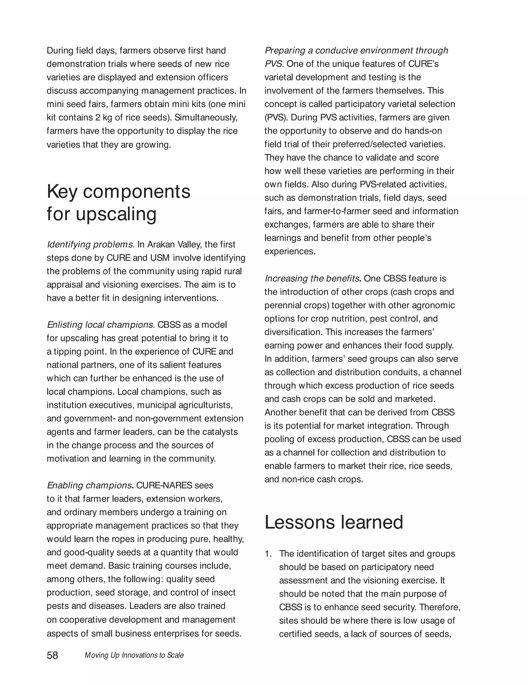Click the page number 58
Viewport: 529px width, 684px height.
52,655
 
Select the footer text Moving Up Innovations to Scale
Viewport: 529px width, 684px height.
134,655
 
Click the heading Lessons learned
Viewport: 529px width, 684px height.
333,522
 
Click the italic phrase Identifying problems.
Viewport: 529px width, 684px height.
91,244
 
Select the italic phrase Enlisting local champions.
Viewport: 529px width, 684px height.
101,324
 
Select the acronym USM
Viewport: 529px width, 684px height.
160,258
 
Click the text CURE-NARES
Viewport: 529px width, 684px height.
164,485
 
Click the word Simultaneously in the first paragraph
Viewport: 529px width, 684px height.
206,117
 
